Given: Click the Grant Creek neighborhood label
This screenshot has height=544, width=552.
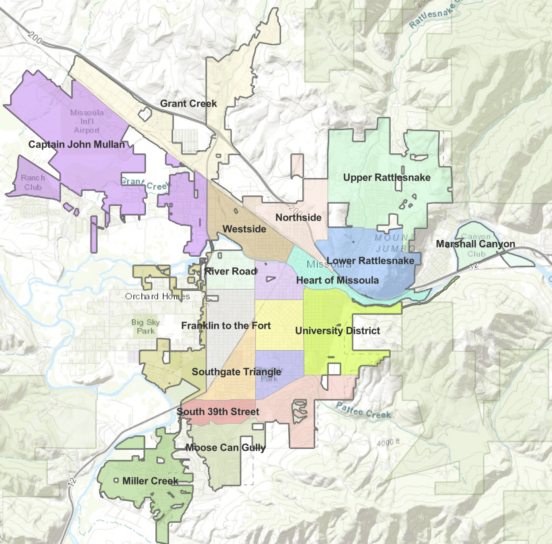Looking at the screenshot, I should [188, 104].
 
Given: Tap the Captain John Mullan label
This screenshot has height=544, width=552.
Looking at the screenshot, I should [77, 145].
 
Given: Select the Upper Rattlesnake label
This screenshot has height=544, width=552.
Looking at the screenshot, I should [387, 177].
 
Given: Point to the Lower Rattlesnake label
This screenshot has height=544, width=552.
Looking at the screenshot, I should [371, 261].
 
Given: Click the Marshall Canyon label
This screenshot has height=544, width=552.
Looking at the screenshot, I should [475, 244].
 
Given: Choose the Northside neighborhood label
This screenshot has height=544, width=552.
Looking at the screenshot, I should [298, 218].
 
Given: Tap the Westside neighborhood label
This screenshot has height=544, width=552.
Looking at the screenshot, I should [244, 229].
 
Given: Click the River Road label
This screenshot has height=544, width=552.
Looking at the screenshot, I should [230, 272].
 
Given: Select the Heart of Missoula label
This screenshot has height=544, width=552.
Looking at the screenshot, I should [337, 280].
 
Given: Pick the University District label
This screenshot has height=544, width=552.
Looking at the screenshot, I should [338, 331].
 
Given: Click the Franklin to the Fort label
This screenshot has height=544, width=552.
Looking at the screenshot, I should [226, 326].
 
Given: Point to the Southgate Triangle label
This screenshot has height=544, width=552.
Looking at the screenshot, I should [236, 372].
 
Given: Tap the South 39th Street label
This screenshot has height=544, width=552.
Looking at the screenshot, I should [218, 412].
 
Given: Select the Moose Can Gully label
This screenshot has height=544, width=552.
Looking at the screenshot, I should [225, 448].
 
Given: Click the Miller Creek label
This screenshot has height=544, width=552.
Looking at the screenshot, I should [150, 481].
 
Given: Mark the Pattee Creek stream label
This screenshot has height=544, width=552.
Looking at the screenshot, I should [363, 411].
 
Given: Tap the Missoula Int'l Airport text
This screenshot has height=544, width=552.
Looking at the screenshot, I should [87, 122].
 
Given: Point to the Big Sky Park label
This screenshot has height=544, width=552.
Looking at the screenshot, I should [145, 327].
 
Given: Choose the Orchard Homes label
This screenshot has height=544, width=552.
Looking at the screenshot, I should [157, 297].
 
